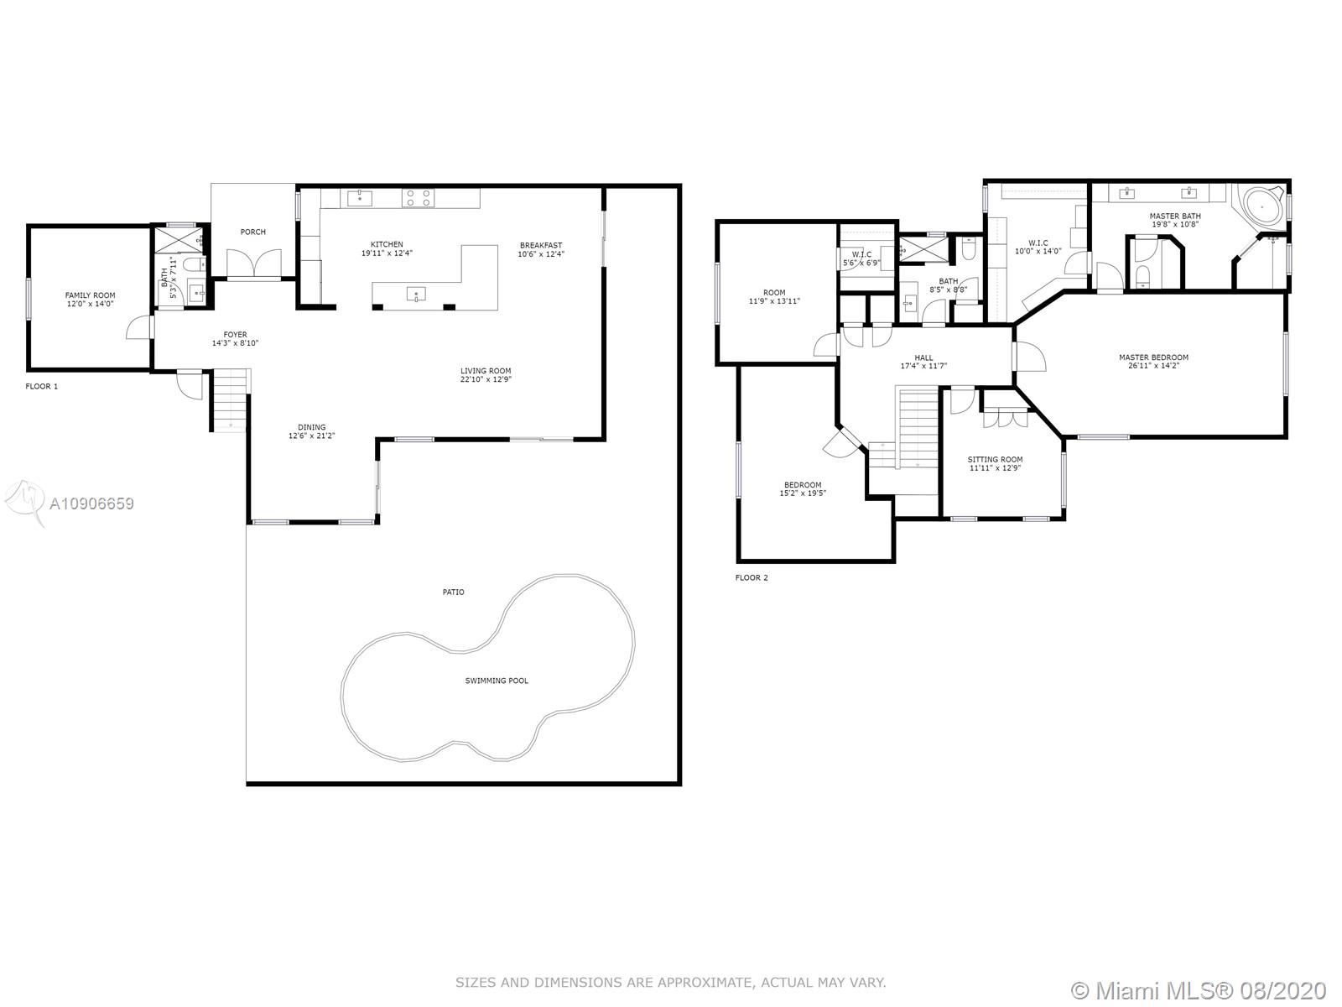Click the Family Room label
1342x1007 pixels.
[x=90, y=295]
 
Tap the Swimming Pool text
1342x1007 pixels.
[x=497, y=681]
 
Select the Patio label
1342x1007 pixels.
[x=453, y=592]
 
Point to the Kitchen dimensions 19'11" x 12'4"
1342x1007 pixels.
[x=387, y=253]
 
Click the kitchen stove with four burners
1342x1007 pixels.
[x=419, y=198]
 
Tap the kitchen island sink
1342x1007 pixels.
[x=416, y=295]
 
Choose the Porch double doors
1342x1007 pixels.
[x=254, y=263]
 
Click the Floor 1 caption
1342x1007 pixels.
[x=42, y=386]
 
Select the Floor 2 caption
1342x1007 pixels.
[x=752, y=578]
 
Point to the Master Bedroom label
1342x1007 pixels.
[x=1153, y=357]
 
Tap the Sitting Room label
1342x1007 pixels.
[x=995, y=460]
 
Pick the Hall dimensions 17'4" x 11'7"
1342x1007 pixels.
[x=923, y=366]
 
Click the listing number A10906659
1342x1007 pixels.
[x=91, y=503]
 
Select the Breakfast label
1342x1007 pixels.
[x=541, y=246]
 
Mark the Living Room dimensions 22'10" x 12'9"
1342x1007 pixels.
[x=486, y=379]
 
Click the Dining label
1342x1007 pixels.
[x=312, y=427]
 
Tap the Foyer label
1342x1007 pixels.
[x=236, y=335]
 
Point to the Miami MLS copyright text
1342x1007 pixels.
[x=1199, y=991]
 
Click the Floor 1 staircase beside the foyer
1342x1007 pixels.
[x=231, y=400]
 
